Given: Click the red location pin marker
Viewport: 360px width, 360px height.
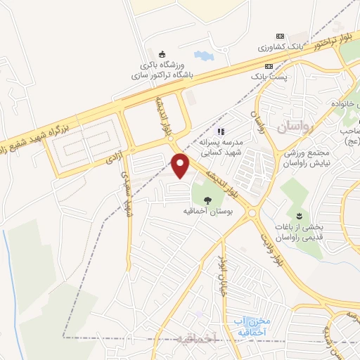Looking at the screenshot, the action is coord(181,165).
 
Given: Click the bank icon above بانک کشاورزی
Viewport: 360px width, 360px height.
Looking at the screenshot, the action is coord(281,37).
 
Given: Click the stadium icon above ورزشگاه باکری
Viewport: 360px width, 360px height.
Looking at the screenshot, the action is coord(162,55).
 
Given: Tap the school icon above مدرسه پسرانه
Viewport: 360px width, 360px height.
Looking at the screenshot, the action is coord(219,131).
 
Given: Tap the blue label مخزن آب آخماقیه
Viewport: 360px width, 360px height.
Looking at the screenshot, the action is coord(250,326).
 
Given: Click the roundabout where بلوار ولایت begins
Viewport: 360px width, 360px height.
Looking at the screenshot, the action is coord(252,210).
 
